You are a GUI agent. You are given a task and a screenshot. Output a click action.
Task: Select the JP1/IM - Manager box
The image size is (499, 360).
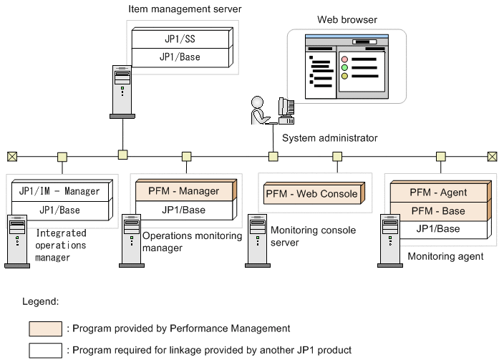pos(60,192)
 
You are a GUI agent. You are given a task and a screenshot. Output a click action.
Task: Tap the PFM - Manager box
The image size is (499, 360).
pos(184,192)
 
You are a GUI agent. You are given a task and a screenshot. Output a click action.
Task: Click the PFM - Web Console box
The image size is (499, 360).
pos(311,194)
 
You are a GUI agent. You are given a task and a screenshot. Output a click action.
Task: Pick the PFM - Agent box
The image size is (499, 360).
pos(438,192)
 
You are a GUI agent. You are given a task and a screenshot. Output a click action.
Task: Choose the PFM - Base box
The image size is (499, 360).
pos(438,211)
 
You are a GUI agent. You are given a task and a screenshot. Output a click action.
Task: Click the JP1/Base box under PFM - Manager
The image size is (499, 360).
pos(184,210)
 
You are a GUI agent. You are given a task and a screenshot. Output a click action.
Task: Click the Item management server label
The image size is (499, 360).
pos(185,9)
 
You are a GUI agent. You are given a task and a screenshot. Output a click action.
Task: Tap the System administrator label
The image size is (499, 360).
pos(330,138)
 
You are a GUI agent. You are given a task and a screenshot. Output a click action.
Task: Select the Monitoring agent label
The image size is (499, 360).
pos(445,256)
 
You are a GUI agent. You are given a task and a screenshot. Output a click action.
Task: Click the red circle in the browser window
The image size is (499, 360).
pos(344,59)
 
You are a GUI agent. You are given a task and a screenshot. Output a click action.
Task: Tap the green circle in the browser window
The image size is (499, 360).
pos(344,68)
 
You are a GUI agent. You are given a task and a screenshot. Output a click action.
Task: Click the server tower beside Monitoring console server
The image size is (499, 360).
pos(256,241)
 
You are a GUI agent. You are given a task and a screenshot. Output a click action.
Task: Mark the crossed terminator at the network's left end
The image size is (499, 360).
pos(11,156)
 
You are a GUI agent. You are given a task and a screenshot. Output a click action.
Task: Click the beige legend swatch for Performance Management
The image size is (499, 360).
pos(45,329)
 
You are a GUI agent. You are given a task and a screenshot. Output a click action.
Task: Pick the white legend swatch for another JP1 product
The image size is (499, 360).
pos(45,351)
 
